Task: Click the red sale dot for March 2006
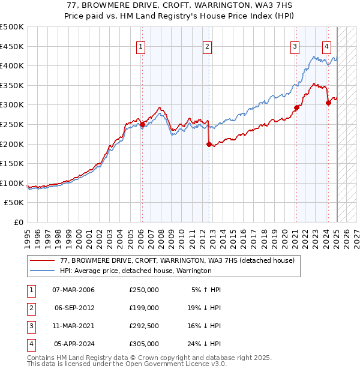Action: pos(142,125)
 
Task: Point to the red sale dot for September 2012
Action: pos(209,144)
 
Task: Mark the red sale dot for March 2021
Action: pos(296,108)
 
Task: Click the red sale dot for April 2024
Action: pos(328,103)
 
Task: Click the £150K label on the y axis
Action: pos(12,163)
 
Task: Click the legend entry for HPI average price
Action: pos(136,271)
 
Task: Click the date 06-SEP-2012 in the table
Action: pos(74,308)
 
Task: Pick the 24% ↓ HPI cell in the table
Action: pos(203,344)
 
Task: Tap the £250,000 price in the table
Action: pos(144,290)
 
